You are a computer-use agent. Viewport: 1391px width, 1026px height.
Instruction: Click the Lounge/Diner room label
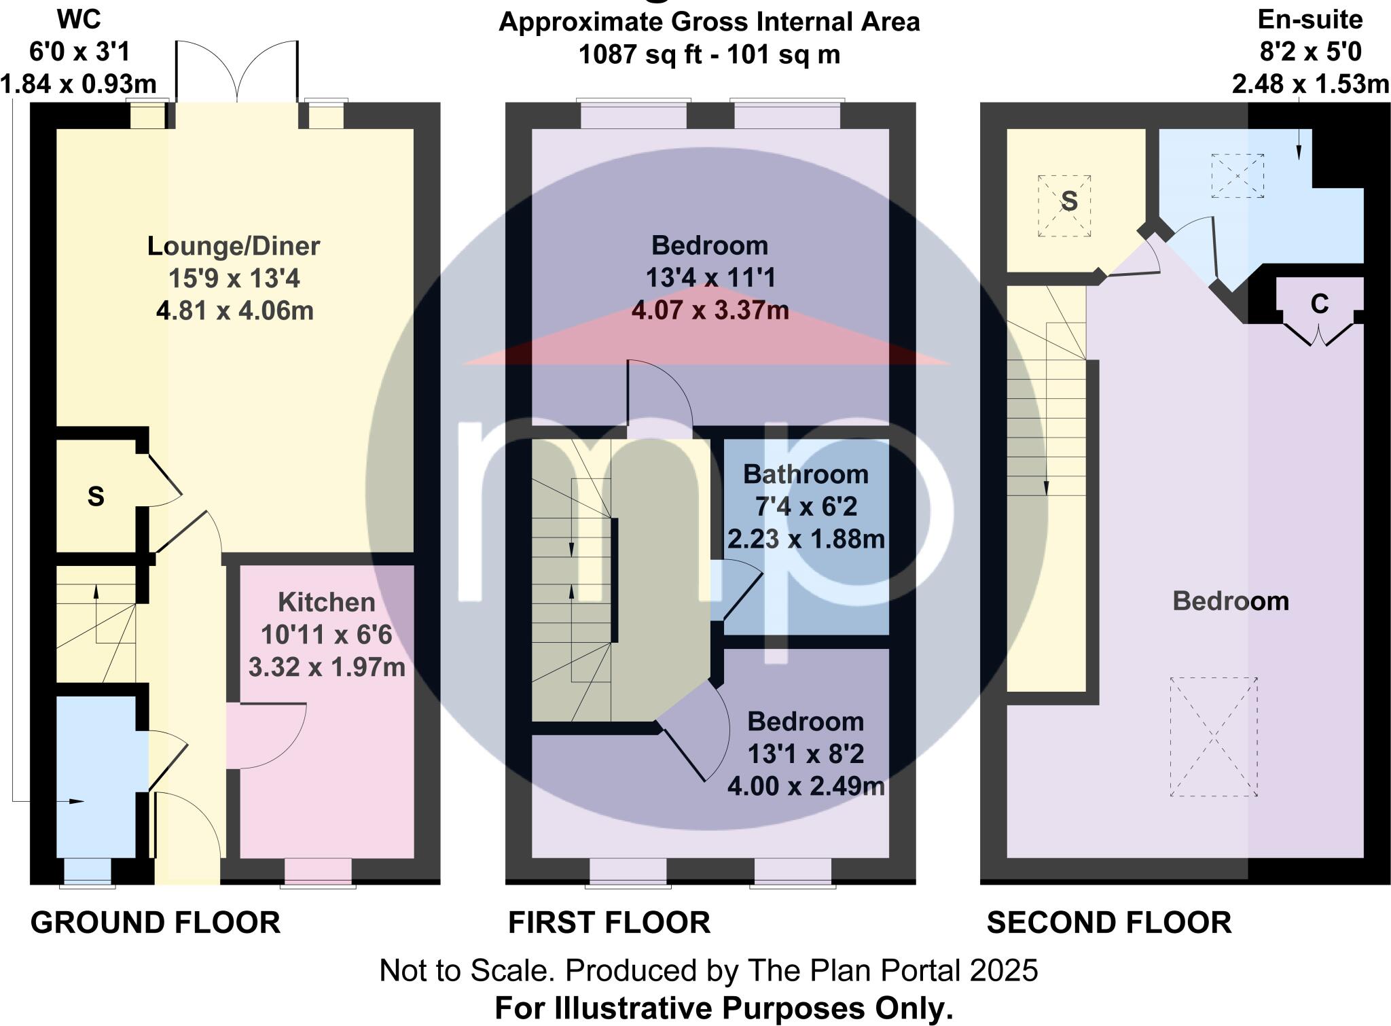234,246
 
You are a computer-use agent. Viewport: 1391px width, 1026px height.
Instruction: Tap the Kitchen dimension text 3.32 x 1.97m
327,667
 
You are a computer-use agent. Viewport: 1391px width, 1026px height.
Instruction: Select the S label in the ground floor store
96,497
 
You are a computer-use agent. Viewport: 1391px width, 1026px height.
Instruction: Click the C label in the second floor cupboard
1319,304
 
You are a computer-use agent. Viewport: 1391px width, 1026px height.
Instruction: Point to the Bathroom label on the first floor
806,474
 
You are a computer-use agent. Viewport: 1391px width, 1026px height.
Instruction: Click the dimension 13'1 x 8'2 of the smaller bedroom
806,754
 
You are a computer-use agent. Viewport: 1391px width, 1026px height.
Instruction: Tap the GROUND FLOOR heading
156,923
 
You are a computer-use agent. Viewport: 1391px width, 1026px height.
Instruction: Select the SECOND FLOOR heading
1108,923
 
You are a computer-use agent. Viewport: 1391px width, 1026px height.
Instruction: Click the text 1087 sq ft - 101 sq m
709,54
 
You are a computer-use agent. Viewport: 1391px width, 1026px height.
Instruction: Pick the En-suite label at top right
1310,20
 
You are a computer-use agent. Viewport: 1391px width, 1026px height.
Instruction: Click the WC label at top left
79,20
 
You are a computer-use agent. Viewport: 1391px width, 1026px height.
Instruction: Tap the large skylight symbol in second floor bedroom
1214,737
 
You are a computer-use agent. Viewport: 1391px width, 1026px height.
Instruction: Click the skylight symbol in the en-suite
1238,176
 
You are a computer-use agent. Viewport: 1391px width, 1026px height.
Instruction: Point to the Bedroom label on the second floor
1231,601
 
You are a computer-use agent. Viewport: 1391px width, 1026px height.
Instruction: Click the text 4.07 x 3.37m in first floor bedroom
710,311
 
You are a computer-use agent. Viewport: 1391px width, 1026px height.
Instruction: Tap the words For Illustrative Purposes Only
724,1008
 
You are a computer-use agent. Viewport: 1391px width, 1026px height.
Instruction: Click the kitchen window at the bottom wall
318,872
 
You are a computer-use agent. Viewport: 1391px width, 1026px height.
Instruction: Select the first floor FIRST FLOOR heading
609,923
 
